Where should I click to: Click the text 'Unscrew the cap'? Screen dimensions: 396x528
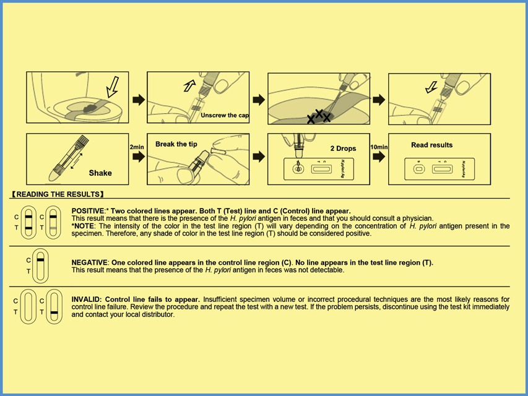click(225, 115)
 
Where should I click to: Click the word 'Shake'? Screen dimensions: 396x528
click(100, 173)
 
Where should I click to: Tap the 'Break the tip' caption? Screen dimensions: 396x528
click(176, 144)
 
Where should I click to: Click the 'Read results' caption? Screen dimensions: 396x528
click(431, 145)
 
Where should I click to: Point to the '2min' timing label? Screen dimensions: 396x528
click(137, 147)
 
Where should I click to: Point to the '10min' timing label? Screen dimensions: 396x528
click(378, 147)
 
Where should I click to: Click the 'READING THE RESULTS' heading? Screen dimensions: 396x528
click(61, 194)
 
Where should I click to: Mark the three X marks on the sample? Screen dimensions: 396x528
click(319, 116)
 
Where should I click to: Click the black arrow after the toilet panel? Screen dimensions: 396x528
click(139, 99)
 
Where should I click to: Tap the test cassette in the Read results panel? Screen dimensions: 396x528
click(439, 168)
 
